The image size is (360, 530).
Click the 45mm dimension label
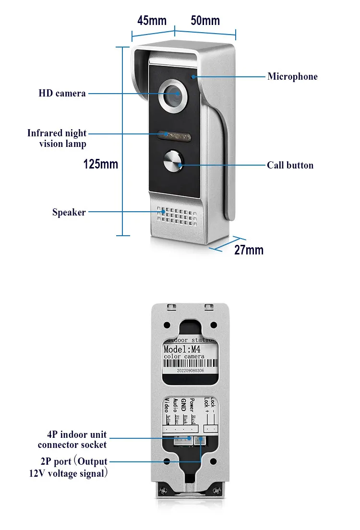[x=152, y=21]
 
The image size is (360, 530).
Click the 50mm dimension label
[x=205, y=21]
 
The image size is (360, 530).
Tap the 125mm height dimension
[x=101, y=164]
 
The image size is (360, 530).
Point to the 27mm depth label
[x=249, y=250]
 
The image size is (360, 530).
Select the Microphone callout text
[x=292, y=76]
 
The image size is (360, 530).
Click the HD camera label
[x=62, y=93]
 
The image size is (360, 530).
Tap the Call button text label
[x=290, y=165]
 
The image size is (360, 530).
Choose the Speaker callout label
[x=69, y=212]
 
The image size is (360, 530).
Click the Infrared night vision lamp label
[x=57, y=138]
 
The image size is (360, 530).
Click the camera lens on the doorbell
[x=173, y=96]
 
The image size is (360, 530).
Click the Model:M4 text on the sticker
[x=184, y=349]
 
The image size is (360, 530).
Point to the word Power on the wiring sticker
[x=192, y=406]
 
